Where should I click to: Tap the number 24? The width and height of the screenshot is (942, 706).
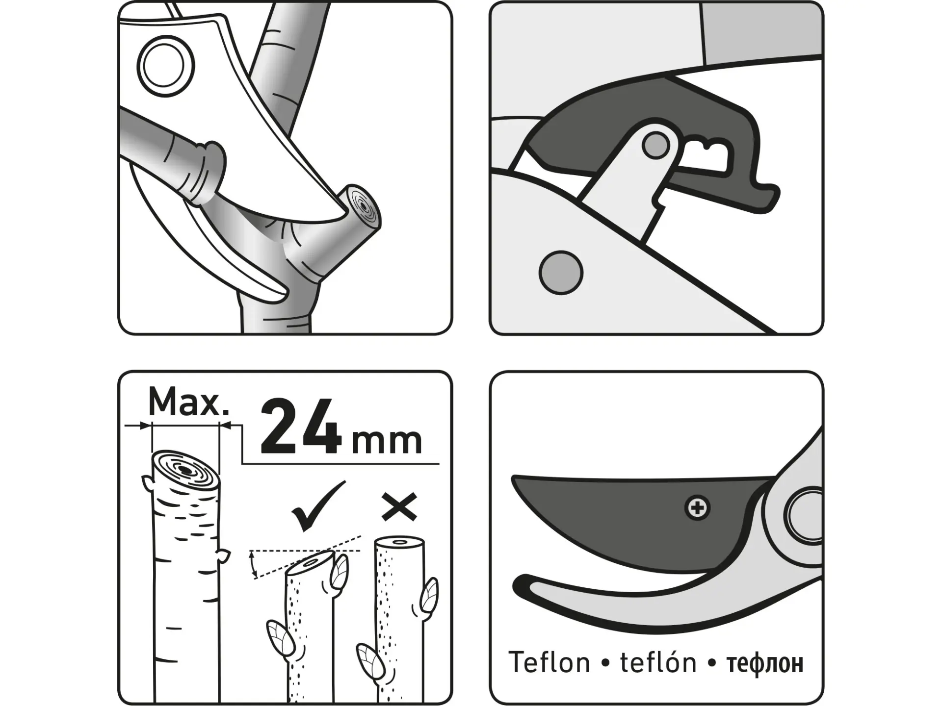click(x=301, y=427)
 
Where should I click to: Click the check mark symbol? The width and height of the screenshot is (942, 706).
click(x=318, y=506)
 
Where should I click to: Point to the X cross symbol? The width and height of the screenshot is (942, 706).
click(x=400, y=506)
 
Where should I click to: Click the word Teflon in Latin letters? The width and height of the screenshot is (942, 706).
click(x=549, y=662)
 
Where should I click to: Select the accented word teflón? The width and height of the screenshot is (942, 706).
click(x=658, y=662)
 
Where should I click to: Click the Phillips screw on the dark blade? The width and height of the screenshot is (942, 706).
click(x=697, y=508)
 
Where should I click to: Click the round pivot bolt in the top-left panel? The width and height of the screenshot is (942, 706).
click(x=165, y=64)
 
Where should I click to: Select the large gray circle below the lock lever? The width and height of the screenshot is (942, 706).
click(x=561, y=273)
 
